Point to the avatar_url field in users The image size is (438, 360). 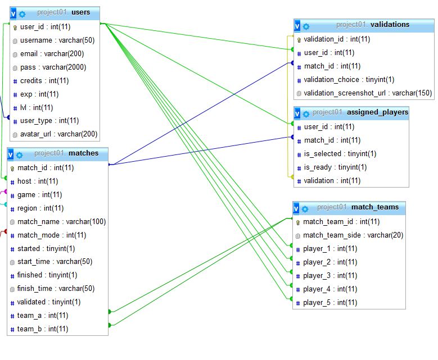pyautogui.click(x=58, y=134)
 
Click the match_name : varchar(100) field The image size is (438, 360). pyautogui.click(x=61, y=222)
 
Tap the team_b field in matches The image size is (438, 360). pyautogui.click(x=43, y=329)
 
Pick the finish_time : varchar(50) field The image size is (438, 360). pyautogui.click(x=56, y=289)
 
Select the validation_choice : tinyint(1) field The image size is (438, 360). pyautogui.click(x=349, y=80)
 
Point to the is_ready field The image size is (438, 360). pyautogui.click(x=335, y=167)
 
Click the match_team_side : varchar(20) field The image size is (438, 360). pyautogui.click(x=353, y=235)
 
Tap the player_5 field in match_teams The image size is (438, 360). pyautogui.click(x=330, y=303)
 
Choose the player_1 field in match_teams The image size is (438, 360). pyautogui.click(x=330, y=249)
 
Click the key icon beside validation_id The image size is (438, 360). pyautogui.click(x=299, y=40)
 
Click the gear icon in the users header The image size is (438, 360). pyautogui.click(x=22, y=13)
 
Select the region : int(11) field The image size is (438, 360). pyautogui.click(x=40, y=208)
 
